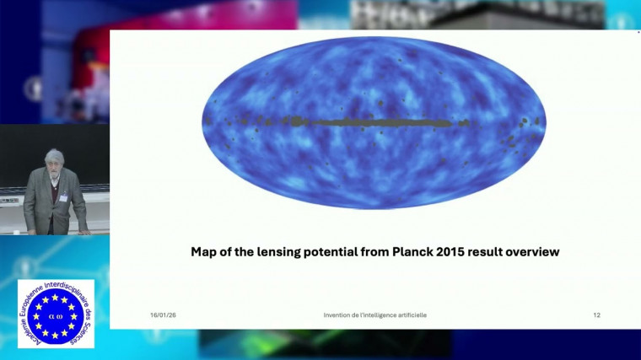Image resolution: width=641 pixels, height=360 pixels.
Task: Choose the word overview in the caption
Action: click(x=540, y=251)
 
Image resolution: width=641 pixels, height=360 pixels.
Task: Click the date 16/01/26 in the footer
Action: click(x=163, y=315)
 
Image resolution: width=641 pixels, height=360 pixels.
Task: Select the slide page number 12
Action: click(x=596, y=315)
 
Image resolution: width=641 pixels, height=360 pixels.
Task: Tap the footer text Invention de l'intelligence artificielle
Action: click(x=374, y=315)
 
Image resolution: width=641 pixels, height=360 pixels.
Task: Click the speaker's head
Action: click(x=53, y=159)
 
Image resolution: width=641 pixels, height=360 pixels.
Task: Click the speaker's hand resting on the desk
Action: click(x=83, y=230)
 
